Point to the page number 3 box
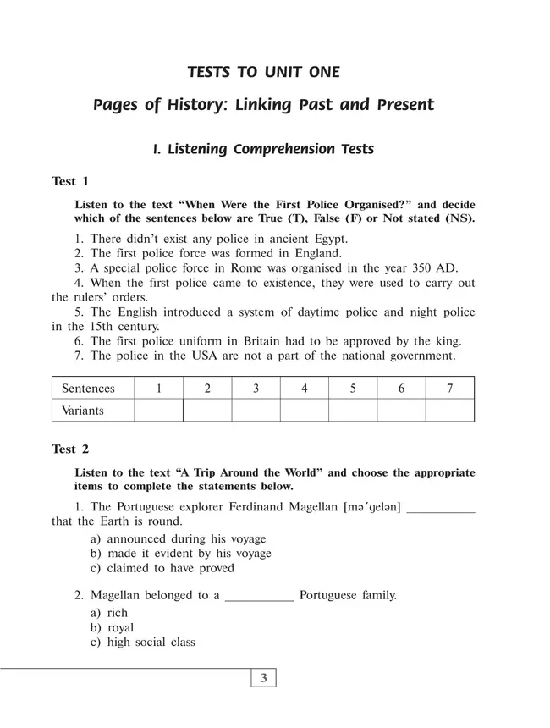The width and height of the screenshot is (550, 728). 264,677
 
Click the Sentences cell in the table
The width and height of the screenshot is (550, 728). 88,389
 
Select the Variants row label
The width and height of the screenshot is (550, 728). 83,411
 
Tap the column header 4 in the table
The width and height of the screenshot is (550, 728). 305,389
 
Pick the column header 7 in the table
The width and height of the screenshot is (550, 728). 449,389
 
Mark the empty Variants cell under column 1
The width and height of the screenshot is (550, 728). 159,411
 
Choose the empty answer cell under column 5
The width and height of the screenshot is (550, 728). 353,411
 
